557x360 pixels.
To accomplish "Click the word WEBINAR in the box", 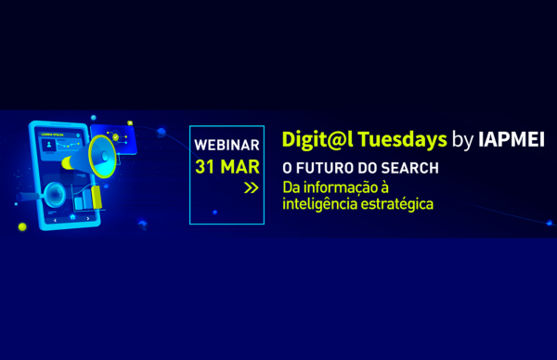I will click(x=227, y=147).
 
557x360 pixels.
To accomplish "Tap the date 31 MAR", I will click(x=227, y=167).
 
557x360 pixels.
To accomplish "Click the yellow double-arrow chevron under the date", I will click(x=251, y=188).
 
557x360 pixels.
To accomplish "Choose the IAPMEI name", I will click(x=512, y=140).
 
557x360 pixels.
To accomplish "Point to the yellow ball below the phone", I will click(x=21, y=226).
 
